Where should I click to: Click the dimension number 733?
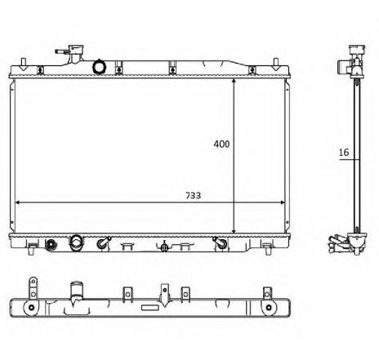(193, 196)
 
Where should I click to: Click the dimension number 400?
(221, 144)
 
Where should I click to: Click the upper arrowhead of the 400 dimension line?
(234, 83)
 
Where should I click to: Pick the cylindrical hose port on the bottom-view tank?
(77, 290)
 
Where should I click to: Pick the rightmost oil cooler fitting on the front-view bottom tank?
(219, 243)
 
